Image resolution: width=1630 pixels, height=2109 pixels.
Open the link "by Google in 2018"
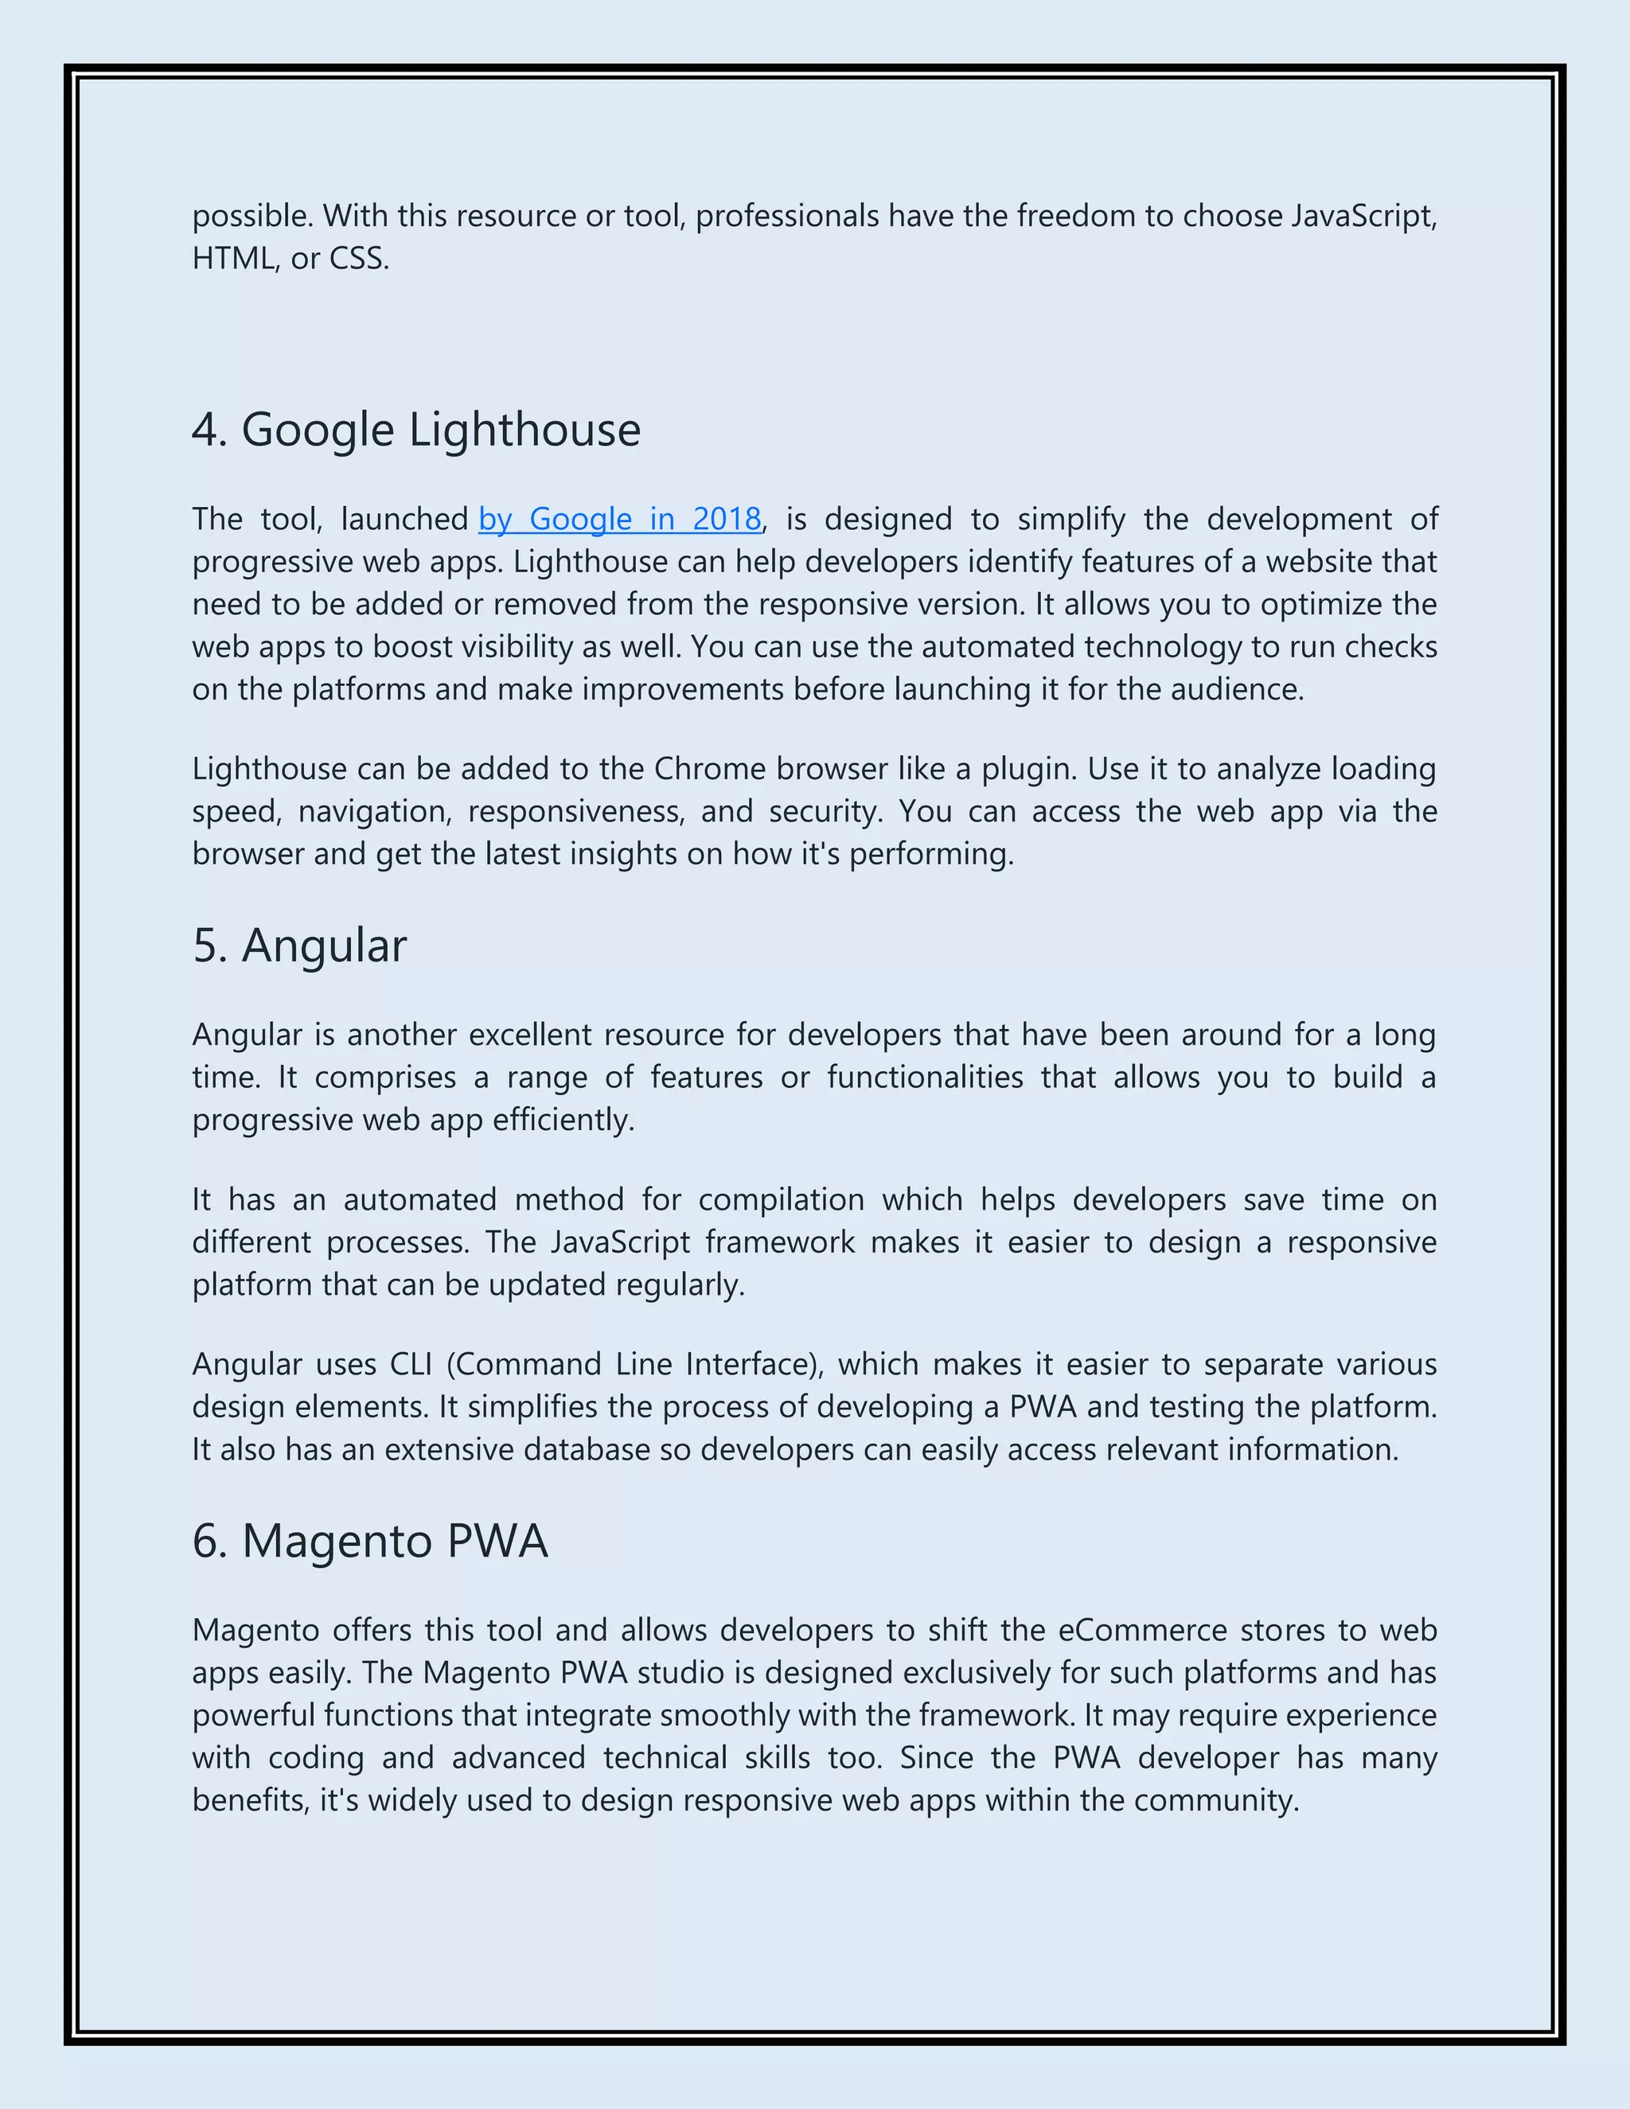click(619, 520)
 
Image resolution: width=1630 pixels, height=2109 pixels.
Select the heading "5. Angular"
click(299, 945)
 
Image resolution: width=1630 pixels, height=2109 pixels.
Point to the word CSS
click(358, 259)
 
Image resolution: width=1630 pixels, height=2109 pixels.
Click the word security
click(825, 811)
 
